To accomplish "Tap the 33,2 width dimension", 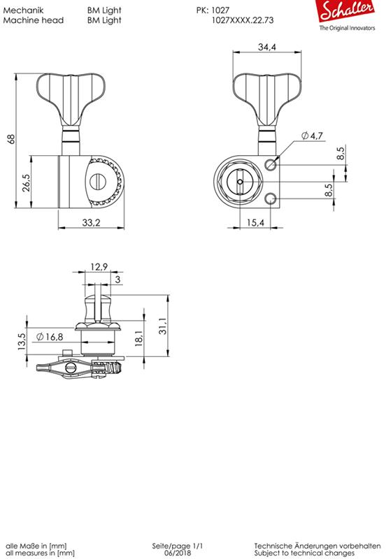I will click(91, 223).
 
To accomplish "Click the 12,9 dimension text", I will click(99, 266).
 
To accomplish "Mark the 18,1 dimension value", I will click(139, 337).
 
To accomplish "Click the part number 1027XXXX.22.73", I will click(242, 21).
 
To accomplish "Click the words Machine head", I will click(34, 21).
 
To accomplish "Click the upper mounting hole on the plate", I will click(271, 164).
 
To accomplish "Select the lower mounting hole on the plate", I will click(271, 198).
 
